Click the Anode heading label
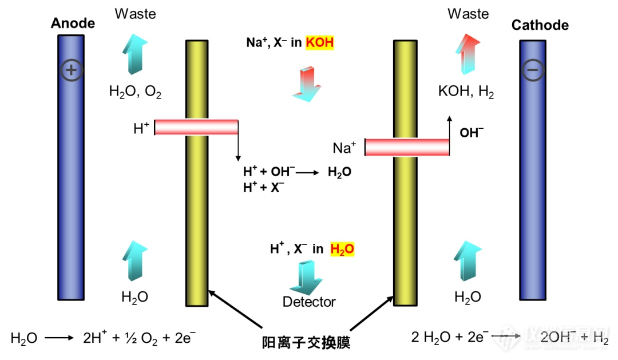[73, 23]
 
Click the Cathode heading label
[540, 25]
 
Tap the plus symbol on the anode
[72, 70]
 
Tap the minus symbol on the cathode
[533, 70]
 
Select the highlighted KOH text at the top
[319, 42]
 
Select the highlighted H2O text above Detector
[343, 249]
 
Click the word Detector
[309, 302]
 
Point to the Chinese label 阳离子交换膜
[306, 343]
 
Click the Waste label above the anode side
[135, 14]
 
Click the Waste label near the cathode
[468, 14]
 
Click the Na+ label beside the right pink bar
[345, 148]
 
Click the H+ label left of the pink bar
[141, 128]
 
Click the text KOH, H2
[466, 92]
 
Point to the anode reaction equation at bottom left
[103, 338]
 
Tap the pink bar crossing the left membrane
[196, 127]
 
